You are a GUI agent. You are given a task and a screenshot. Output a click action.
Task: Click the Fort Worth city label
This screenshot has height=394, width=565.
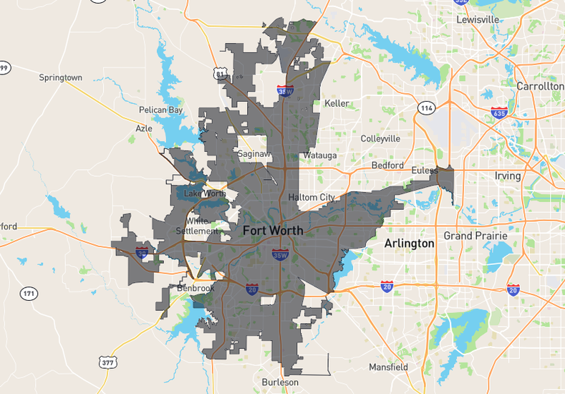(273, 231)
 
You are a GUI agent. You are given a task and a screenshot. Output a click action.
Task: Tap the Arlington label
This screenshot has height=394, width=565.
(409, 244)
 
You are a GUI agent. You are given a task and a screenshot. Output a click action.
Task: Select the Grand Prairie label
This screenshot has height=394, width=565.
(475, 236)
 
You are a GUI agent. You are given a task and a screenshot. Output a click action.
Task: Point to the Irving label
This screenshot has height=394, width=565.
(508, 176)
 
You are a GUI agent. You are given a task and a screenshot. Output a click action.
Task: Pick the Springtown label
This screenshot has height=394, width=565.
(61, 77)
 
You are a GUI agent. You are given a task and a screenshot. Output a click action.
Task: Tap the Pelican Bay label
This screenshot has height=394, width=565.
(161, 110)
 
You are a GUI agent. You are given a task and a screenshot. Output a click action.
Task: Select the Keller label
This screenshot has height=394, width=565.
(337, 103)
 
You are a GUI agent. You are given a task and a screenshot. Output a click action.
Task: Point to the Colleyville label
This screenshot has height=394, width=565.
(381, 138)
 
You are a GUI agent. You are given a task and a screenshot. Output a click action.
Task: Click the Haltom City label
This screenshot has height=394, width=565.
(312, 197)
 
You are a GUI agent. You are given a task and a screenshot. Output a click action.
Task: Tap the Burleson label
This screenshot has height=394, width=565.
(279, 382)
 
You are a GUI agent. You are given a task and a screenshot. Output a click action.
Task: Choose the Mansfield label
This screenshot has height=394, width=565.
(388, 367)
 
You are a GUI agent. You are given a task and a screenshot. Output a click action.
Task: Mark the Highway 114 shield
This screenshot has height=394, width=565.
(428, 107)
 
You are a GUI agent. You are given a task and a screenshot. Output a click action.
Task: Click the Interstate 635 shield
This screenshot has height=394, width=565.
(500, 113)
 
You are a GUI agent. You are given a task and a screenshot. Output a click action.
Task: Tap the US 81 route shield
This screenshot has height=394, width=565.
(219, 73)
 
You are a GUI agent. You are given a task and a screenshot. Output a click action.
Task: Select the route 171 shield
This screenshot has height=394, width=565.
(29, 294)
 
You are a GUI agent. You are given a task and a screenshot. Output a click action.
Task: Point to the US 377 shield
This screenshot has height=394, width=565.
(108, 363)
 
